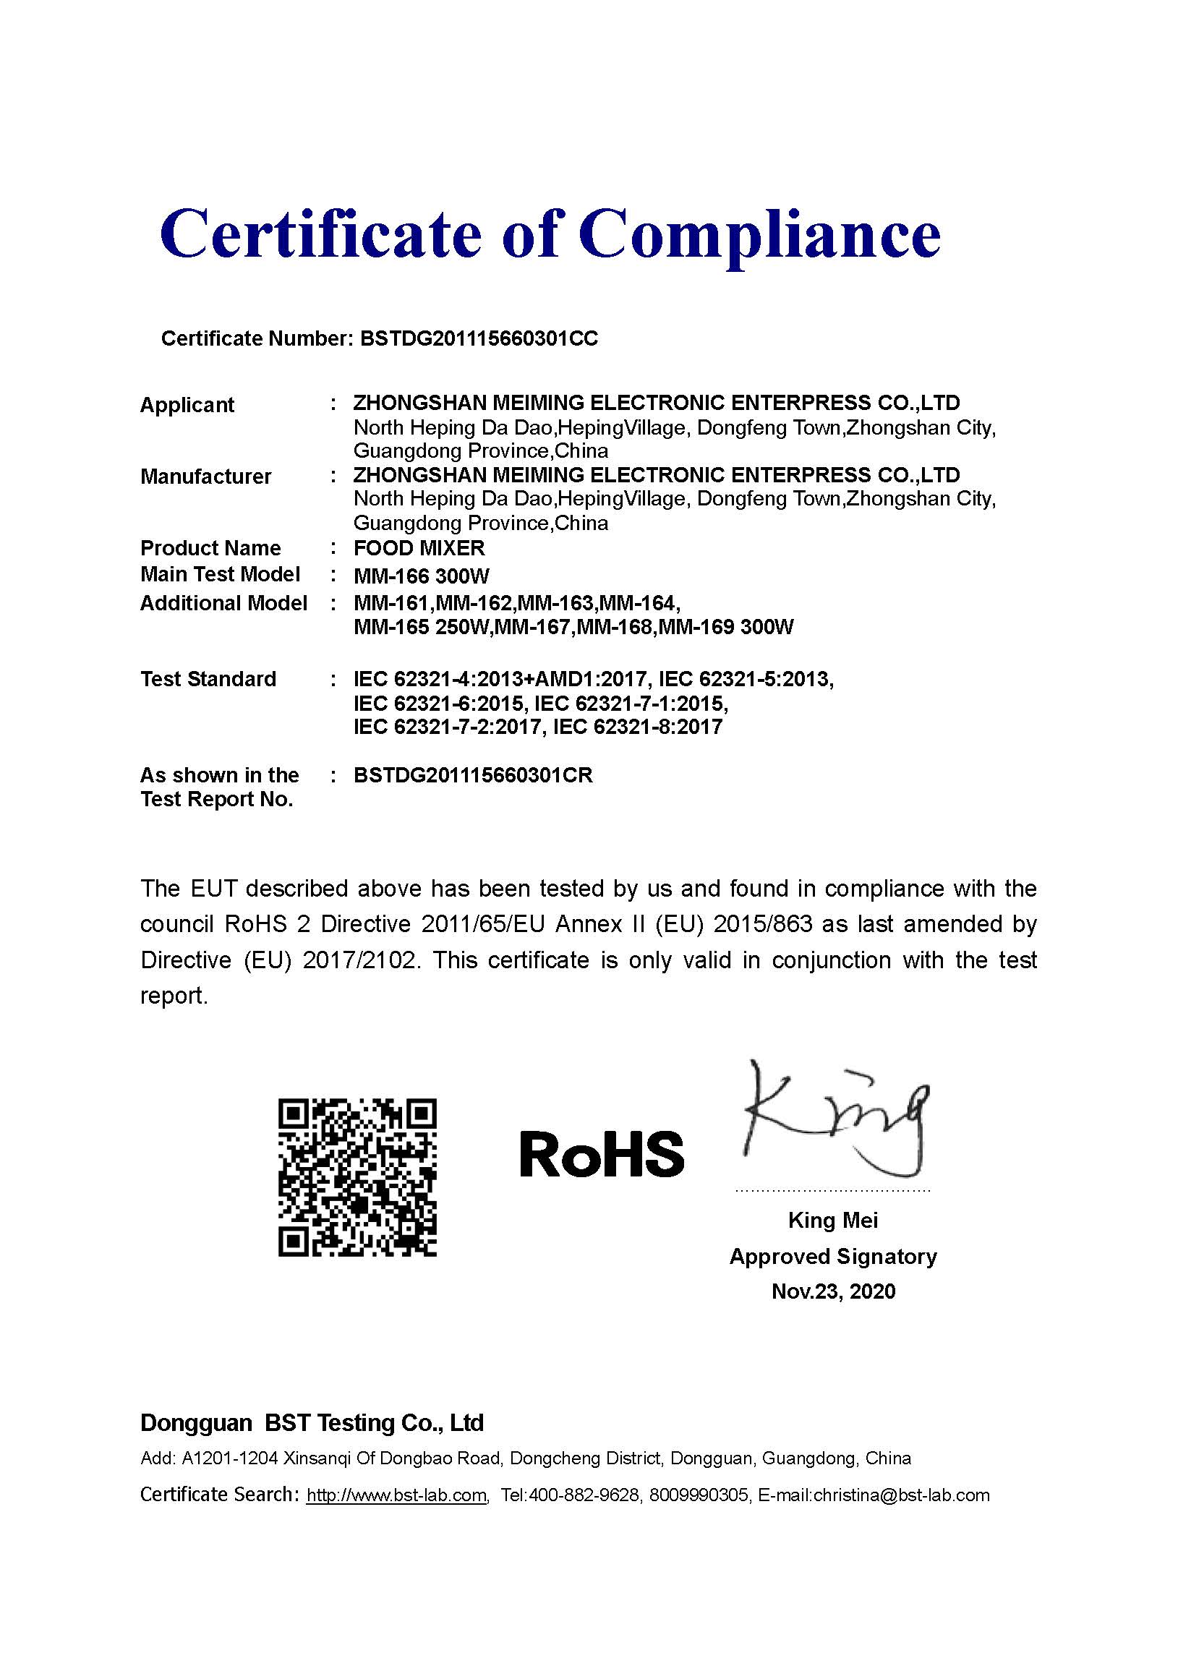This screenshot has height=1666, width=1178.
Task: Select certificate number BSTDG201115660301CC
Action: [479, 339]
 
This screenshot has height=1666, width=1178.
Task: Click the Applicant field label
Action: [187, 405]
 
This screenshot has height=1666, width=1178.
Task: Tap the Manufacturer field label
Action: [205, 477]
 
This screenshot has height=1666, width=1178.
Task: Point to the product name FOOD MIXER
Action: [419, 548]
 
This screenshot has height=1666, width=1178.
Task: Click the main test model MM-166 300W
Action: [421, 576]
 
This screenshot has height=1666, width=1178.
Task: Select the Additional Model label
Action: [223, 603]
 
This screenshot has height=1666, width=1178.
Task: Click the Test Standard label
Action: [208, 679]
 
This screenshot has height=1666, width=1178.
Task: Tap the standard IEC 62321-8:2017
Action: [637, 727]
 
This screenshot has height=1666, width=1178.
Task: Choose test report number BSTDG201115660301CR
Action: [472, 776]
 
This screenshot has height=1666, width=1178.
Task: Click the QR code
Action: [357, 1178]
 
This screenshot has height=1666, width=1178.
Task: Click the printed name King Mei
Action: [832, 1221]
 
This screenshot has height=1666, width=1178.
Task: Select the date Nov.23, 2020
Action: [833, 1291]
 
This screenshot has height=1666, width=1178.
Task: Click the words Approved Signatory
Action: [832, 1257]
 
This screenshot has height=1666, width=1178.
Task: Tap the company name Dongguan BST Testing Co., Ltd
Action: [312, 1423]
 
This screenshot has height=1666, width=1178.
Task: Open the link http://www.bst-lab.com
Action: [396, 1495]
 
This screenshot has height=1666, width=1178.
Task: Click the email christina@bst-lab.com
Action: [902, 1495]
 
